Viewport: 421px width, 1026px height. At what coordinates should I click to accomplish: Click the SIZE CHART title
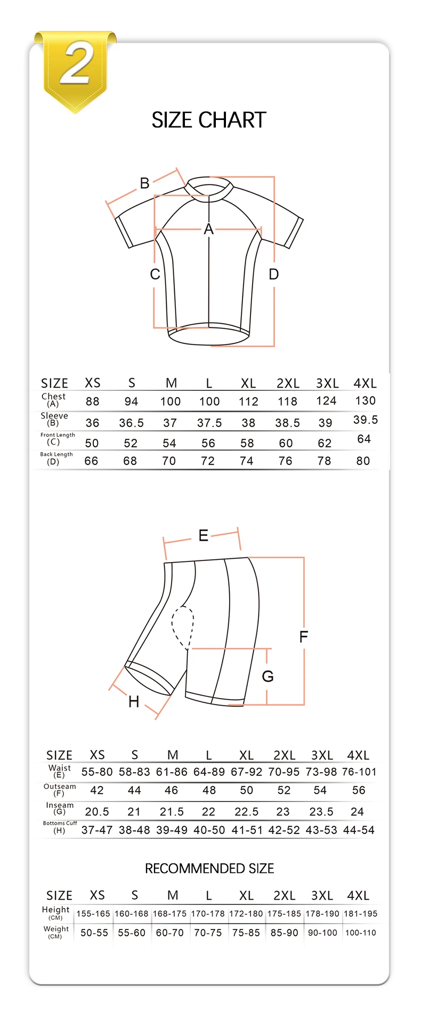pyautogui.click(x=209, y=120)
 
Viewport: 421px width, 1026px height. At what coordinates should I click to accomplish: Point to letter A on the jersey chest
pyautogui.click(x=208, y=229)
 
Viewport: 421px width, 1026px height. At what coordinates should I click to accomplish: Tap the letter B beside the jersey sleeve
pyautogui.click(x=144, y=183)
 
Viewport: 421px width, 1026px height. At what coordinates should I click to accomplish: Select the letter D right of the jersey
pyautogui.click(x=274, y=275)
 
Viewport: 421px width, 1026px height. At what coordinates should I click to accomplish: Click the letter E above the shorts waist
pyautogui.click(x=203, y=535)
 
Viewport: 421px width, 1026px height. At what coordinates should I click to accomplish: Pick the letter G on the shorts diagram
pyautogui.click(x=268, y=676)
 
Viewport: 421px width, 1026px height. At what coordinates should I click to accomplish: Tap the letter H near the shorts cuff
pyautogui.click(x=134, y=702)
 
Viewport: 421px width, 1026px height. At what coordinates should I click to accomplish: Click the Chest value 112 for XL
pyautogui.click(x=248, y=402)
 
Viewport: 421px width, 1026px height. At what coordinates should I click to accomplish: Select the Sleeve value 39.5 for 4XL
pyautogui.click(x=366, y=420)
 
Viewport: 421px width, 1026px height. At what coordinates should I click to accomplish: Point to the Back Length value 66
pyautogui.click(x=92, y=461)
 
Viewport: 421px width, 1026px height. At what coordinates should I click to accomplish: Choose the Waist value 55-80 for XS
pyautogui.click(x=97, y=772)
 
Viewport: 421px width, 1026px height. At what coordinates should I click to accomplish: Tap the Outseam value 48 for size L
pyautogui.click(x=209, y=790)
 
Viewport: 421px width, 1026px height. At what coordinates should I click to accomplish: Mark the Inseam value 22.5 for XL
pyautogui.click(x=246, y=812)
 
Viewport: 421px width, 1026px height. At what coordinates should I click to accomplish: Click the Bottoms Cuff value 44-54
pyautogui.click(x=359, y=830)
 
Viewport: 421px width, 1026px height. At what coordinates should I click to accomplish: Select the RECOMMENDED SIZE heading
pyautogui.click(x=209, y=869)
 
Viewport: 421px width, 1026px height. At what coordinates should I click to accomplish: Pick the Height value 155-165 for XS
pyautogui.click(x=93, y=913)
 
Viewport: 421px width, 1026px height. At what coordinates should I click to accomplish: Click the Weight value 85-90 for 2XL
pyautogui.click(x=284, y=933)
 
